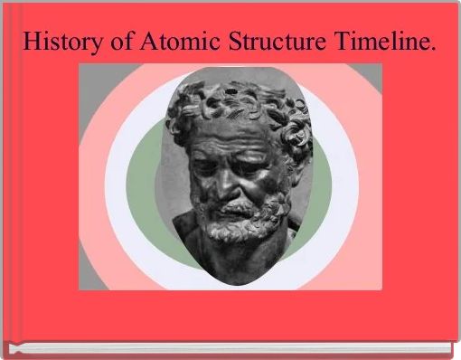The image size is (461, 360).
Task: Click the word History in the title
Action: pyautogui.click(x=63, y=42)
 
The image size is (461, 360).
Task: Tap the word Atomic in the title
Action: pyautogui.click(x=180, y=41)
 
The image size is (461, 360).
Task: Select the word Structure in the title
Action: pyautogui.click(x=278, y=41)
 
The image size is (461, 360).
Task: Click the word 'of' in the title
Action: pyautogui.click(x=121, y=41)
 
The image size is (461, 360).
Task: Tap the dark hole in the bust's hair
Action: pyautogui.click(x=231, y=90)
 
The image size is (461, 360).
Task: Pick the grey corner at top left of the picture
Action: pyautogui.click(x=93, y=90)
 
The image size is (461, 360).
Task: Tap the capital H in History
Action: pyautogui.click(x=33, y=41)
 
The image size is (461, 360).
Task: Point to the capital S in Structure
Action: pyautogui.click(x=235, y=41)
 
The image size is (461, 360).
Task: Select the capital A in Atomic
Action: pyautogui.click(x=149, y=41)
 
